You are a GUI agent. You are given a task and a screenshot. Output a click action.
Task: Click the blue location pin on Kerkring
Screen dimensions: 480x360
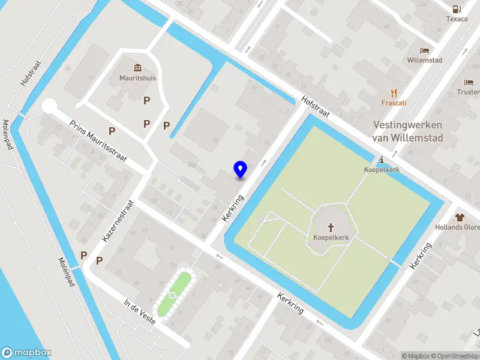[x=241, y=169]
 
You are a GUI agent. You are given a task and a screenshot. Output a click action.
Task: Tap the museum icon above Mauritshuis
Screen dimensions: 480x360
[x=138, y=66]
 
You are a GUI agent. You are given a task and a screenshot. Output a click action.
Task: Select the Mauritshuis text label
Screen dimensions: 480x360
[x=138, y=77]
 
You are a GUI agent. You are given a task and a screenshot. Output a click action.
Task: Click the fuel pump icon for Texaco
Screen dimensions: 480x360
[x=457, y=8]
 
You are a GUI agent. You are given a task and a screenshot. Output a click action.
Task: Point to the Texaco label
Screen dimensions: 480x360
[x=457, y=19]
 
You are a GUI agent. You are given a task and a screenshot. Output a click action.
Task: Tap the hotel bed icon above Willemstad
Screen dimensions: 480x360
[x=425, y=50]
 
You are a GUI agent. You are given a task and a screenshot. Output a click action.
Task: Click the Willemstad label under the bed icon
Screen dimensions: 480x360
[x=425, y=61]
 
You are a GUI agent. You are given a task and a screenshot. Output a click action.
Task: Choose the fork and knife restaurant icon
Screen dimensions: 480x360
[x=394, y=92]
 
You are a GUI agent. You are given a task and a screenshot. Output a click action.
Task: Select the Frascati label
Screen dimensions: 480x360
[x=394, y=103]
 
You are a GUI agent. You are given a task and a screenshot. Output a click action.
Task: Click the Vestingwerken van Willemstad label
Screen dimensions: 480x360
[x=407, y=131]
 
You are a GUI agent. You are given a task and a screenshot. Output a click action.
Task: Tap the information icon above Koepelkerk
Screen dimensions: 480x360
[x=382, y=160]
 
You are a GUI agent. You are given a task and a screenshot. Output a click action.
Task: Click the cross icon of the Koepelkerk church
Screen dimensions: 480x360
[x=331, y=227]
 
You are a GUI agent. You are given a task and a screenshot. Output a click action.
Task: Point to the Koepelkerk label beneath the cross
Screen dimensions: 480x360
[x=331, y=238]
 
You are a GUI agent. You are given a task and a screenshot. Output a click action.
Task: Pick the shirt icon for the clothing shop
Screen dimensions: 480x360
[x=460, y=217]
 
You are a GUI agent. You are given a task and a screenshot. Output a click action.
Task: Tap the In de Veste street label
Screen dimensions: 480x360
[x=139, y=311]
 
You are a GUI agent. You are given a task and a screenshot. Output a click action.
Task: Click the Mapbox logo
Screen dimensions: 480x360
[x=26, y=353]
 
